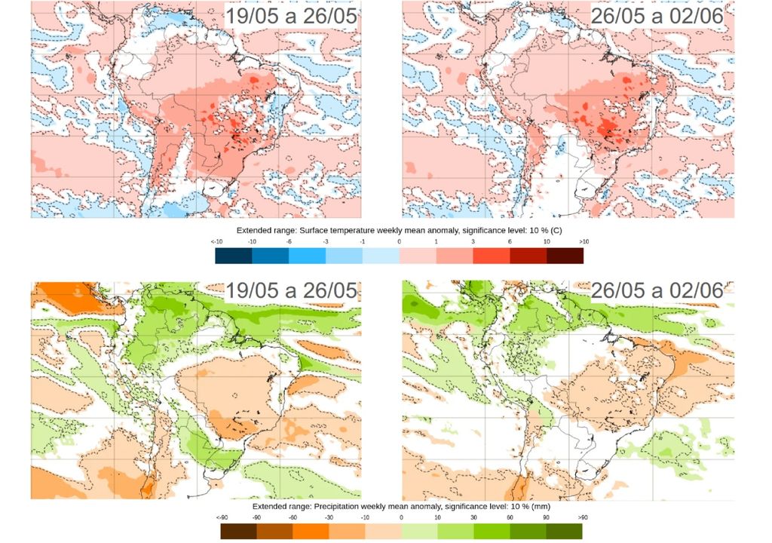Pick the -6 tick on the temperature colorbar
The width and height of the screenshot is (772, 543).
289,241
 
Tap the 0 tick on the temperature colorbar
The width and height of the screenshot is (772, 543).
399,241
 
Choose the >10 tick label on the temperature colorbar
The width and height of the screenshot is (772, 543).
583,241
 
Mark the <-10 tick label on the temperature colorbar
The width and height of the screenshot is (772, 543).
216,241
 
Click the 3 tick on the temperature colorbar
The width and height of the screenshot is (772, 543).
473,241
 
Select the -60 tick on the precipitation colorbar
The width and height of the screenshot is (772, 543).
293,517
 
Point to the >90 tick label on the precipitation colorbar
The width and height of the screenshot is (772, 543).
582,517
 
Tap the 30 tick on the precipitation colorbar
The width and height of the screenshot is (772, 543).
473,517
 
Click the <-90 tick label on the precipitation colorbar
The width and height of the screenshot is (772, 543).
222,517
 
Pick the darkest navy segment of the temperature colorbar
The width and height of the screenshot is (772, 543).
234,256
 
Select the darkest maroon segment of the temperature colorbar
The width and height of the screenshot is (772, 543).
565,256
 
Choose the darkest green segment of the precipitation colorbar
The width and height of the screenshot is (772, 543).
564,532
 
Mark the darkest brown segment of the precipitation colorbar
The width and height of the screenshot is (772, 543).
239,532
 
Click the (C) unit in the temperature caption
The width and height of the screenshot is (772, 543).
556,230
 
